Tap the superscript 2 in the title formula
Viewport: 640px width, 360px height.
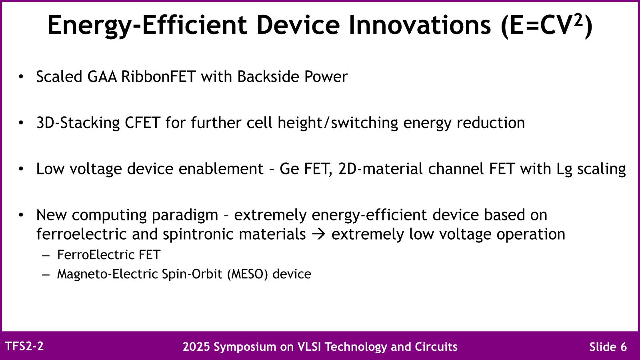(x=578, y=20)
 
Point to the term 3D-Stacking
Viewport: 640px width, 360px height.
(x=78, y=123)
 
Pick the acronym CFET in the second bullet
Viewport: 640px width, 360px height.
(x=142, y=123)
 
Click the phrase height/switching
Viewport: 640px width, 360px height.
(x=338, y=123)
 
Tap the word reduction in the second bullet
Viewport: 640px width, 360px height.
(x=491, y=123)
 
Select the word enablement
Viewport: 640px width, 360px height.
(x=221, y=168)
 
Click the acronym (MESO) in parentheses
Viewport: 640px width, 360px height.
(x=248, y=274)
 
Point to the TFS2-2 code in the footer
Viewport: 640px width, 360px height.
(x=24, y=346)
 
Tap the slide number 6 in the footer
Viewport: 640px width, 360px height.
(x=624, y=347)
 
